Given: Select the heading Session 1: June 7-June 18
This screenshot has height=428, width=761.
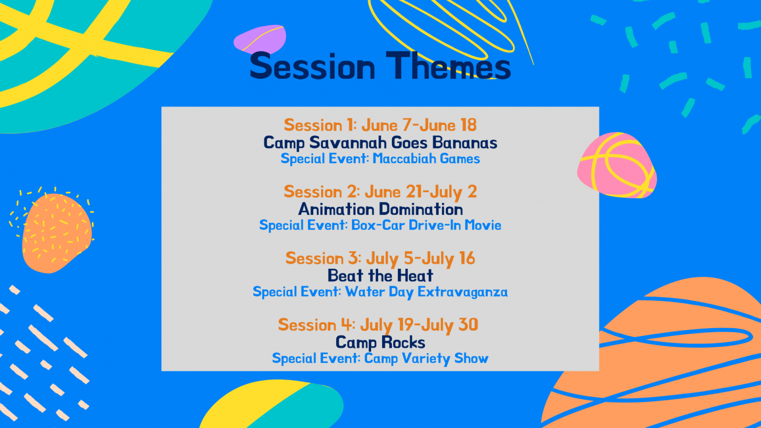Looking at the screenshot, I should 380,125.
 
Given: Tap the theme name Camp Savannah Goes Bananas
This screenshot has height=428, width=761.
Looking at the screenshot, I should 380,143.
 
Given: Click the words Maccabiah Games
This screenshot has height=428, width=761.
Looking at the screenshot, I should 426,159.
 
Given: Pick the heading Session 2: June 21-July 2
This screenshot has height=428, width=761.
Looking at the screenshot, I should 380,192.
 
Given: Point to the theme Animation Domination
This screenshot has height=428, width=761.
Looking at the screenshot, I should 380,209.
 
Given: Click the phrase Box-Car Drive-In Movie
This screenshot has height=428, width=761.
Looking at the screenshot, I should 426,225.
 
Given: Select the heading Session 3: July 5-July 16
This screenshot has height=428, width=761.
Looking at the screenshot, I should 380,258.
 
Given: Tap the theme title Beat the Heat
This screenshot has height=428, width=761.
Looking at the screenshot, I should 380,276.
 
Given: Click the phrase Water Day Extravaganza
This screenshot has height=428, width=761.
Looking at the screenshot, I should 426,292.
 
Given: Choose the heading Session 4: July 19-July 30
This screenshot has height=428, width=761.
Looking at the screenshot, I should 378,325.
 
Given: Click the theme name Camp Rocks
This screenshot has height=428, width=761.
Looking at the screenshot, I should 380,343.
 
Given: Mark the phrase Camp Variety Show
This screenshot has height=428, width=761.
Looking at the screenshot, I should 426,359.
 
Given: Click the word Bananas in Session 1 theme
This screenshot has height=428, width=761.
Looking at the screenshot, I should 464,143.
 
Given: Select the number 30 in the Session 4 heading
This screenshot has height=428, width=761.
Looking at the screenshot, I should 468,325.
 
